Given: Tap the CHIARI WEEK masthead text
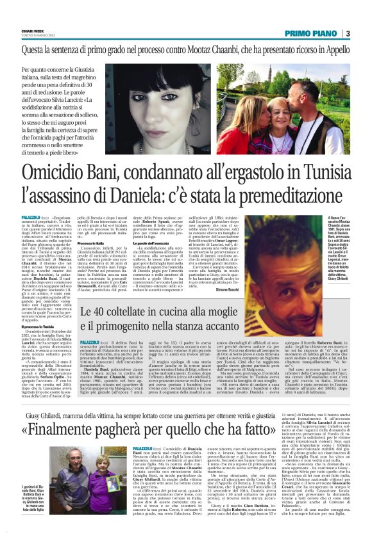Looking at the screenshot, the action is (31, 29).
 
